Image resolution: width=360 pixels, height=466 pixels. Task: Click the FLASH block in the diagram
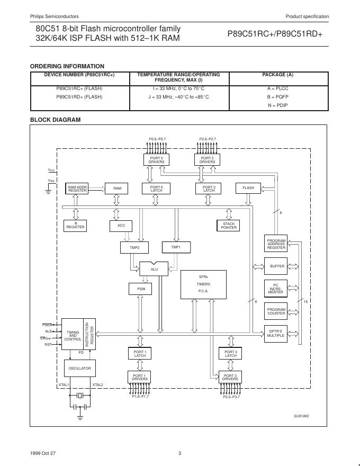248,188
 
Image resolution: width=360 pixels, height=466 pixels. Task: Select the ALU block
154,269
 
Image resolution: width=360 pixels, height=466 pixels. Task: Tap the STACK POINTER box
229,226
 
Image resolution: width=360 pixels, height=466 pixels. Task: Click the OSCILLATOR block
78,368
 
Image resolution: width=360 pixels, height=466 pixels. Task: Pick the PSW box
141,289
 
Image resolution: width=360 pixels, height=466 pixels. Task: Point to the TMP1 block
176,247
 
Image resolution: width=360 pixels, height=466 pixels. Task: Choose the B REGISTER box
75,226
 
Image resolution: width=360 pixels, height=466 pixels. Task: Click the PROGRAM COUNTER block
276,311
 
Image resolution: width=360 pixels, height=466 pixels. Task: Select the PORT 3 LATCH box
230,354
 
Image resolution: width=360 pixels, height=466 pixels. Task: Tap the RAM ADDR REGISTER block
77,188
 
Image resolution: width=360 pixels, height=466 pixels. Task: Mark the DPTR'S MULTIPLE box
276,334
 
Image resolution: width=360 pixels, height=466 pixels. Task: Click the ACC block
121,226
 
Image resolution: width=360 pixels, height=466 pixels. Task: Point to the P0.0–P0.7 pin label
157,139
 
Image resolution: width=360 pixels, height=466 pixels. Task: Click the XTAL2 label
98,385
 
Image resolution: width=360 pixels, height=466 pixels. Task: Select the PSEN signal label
47,324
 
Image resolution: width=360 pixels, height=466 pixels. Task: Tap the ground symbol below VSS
49,192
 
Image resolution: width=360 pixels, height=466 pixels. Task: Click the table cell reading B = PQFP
277,97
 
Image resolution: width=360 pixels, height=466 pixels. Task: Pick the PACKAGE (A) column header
277,75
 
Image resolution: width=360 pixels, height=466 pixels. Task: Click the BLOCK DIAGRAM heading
55,120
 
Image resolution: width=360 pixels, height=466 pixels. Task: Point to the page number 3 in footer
179,453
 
